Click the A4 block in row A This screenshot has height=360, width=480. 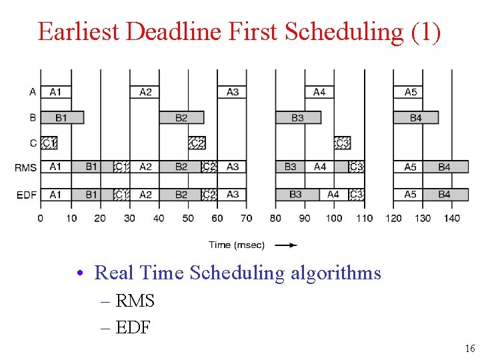pos(319,92)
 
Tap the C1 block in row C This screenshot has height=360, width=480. pos(49,143)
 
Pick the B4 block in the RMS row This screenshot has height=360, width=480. pos(445,167)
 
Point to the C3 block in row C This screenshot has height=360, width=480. pos(342,143)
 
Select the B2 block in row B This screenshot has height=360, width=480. pos(181,118)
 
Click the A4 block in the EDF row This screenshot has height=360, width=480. pos(333,195)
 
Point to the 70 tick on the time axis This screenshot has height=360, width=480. pos(247,218)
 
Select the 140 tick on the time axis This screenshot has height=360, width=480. pos(451,218)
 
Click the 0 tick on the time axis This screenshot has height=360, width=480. pos(41,218)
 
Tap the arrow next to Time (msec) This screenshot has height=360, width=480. pos(286,245)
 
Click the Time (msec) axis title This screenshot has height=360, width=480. pos(237,245)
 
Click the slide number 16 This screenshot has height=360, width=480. pos(470,349)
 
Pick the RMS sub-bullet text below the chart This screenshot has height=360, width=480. pos(135,301)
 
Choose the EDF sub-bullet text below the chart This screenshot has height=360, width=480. pos(133,327)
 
